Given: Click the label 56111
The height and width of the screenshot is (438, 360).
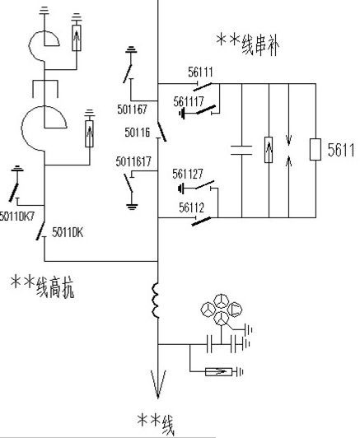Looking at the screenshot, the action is click(x=200, y=72).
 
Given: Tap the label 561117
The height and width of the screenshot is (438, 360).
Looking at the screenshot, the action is click(x=189, y=101).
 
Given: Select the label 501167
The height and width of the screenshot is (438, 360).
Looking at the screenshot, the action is click(x=132, y=109).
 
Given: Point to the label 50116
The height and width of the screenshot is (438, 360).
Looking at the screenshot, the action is click(x=138, y=133).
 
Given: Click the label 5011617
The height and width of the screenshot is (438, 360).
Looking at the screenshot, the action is click(x=133, y=161).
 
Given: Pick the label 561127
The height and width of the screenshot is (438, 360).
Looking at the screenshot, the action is click(x=188, y=174).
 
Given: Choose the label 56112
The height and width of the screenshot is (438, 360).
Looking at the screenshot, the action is click(x=191, y=207).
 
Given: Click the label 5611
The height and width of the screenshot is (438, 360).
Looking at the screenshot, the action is click(x=341, y=150).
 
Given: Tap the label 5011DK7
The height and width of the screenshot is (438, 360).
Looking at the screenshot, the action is click(x=16, y=217).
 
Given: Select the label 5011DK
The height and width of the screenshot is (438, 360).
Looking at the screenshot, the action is click(x=68, y=232).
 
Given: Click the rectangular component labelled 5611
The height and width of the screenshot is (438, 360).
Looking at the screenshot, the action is click(x=316, y=150).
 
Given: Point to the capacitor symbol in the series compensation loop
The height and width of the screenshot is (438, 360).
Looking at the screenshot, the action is click(x=241, y=150).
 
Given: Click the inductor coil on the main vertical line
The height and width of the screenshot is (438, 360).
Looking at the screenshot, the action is click(x=156, y=301).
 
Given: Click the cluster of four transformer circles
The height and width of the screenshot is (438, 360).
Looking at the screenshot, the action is click(x=221, y=310).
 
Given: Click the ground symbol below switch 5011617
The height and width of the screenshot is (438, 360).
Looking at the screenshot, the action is click(x=132, y=207).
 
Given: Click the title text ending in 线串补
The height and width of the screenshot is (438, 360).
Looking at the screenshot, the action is click(x=248, y=44).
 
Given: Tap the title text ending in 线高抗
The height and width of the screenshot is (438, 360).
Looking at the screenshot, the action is click(x=42, y=287).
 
